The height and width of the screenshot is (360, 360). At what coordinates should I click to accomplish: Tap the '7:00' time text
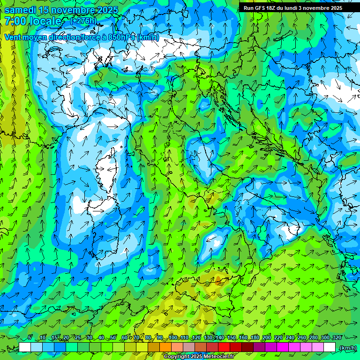click(x=15, y=22)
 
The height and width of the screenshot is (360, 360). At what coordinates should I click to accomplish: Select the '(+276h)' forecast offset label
click(x=83, y=21)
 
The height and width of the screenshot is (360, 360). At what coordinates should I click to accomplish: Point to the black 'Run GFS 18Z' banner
click(x=293, y=8)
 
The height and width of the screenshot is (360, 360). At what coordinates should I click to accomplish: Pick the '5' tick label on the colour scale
click(x=30, y=337)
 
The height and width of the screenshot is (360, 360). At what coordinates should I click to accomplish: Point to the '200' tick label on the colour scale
click(x=267, y=337)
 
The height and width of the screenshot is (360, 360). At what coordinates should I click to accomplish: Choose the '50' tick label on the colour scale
click(x=113, y=337)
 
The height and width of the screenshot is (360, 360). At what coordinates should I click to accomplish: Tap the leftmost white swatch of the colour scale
click(x=25, y=347)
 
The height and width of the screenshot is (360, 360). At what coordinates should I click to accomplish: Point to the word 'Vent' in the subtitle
click(x=13, y=37)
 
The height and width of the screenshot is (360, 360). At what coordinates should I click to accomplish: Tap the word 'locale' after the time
click(x=45, y=22)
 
